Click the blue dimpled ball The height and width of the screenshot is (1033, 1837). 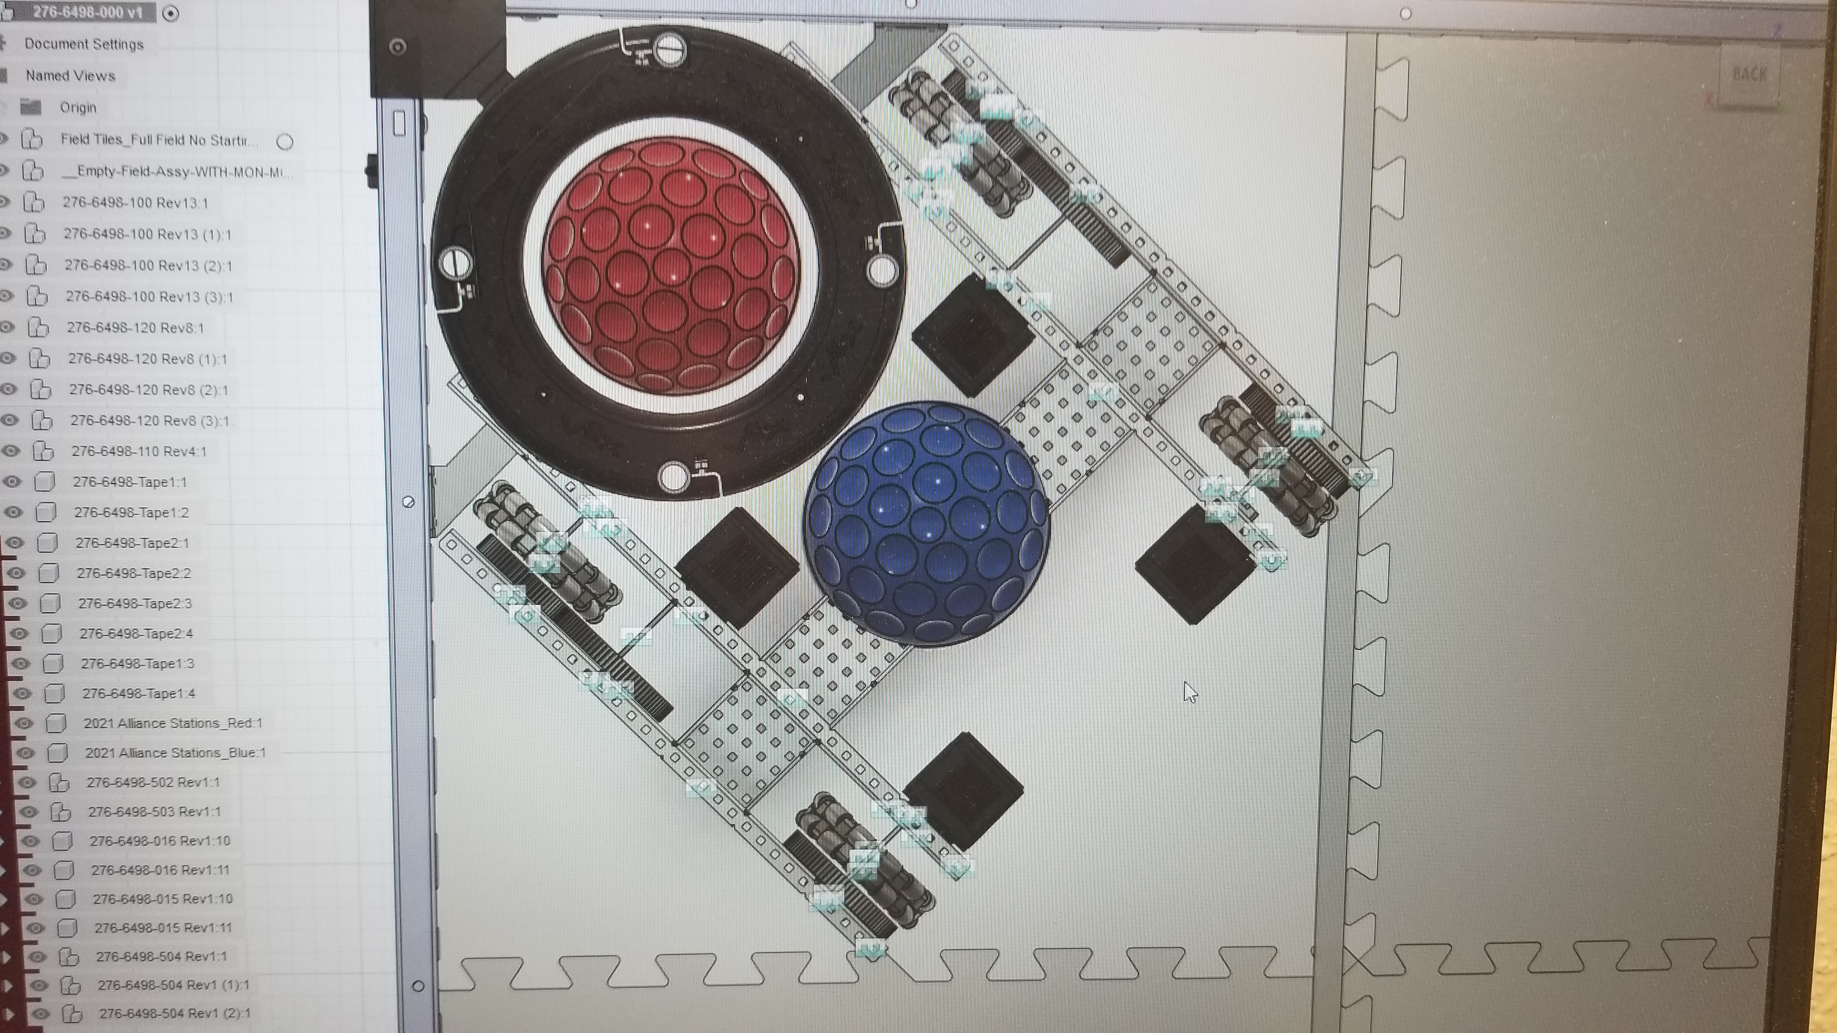coord(926,524)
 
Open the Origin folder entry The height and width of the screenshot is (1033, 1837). coord(78,107)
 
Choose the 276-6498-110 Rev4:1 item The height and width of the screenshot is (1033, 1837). coord(139,451)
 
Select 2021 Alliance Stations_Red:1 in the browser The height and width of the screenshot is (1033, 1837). coord(173,723)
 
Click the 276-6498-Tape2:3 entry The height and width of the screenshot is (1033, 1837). coord(135,603)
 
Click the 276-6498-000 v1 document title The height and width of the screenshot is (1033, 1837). coord(87,13)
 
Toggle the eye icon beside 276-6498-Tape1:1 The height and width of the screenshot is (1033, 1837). coord(11,482)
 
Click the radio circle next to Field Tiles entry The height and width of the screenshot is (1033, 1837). coord(285,142)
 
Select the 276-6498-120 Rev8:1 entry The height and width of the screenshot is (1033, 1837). coord(135,328)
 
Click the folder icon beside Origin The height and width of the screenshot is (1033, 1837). coord(31,107)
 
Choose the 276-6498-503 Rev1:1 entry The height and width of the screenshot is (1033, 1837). coord(154,811)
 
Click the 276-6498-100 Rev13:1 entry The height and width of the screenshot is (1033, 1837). coord(135,203)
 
